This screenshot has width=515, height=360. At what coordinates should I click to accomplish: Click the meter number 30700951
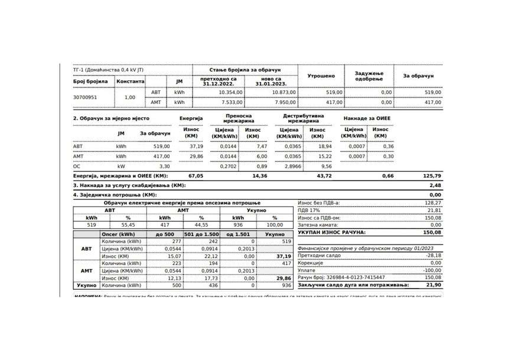click(85, 97)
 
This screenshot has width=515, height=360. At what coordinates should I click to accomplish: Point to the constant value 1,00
click(130, 97)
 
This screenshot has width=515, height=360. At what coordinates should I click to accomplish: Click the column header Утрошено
click(321, 76)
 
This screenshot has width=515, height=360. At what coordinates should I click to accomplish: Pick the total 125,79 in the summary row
click(431, 176)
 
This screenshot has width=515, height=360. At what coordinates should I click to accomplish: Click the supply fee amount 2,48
click(435, 185)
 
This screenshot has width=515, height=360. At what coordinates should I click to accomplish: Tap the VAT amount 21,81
click(434, 210)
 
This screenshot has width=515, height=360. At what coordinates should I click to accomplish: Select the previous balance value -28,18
click(433, 256)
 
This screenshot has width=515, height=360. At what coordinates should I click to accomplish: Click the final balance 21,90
click(434, 284)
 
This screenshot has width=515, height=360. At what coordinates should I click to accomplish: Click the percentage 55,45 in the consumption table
click(128, 225)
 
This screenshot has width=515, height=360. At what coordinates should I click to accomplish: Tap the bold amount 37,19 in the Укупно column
click(283, 256)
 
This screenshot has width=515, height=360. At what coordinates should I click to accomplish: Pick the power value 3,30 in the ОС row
click(165, 166)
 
